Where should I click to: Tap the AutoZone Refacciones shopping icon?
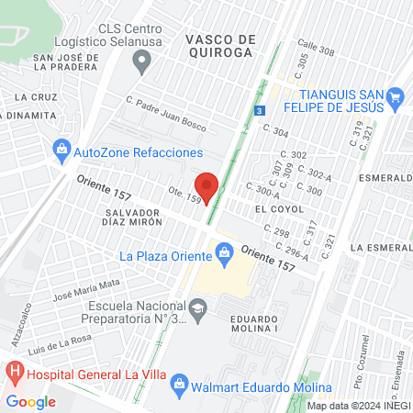pyautogui.click(x=61, y=149)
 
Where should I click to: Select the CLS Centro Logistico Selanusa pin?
pyautogui.click(x=141, y=62)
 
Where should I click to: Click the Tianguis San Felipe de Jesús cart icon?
pyautogui.click(x=396, y=96)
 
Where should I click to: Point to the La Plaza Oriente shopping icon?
pyautogui.click(x=222, y=249)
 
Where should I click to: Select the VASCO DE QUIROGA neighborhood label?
pyautogui.click(x=219, y=46)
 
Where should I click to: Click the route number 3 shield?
pyautogui.click(x=260, y=110)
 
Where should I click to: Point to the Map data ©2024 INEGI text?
pyautogui.click(x=358, y=406)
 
